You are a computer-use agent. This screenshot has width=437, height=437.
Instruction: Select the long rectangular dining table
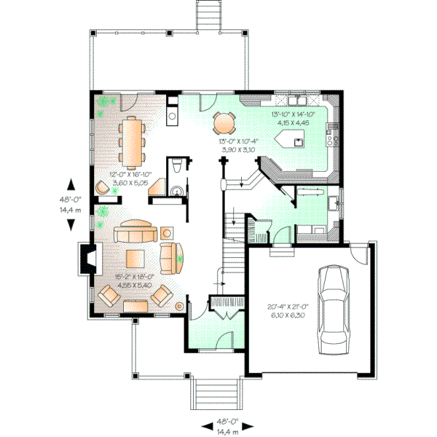(133, 142)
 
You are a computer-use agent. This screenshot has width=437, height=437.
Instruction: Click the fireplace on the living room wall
(87, 258)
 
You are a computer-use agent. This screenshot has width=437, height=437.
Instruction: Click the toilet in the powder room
(177, 169)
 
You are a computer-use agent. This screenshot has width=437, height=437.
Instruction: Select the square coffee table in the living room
(135, 259)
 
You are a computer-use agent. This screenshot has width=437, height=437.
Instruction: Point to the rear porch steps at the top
(208, 15)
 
